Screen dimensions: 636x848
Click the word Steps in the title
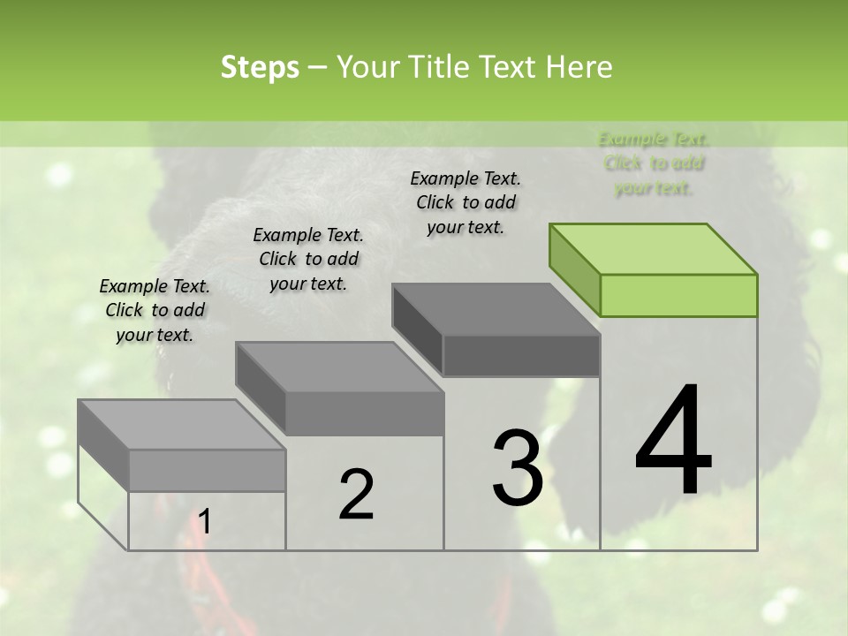tap(260, 67)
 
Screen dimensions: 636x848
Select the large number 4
tap(673, 442)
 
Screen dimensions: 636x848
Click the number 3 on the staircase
tap(518, 467)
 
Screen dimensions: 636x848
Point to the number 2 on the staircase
tap(356, 495)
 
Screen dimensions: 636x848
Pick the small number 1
tap(205, 522)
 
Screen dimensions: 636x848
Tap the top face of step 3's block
tap(495, 308)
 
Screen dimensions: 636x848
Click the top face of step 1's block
tap(181, 424)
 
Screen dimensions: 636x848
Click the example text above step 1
tap(155, 310)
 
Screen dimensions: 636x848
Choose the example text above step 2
tap(308, 259)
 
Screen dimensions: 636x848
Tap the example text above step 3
tap(466, 202)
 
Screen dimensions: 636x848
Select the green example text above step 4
tap(654, 163)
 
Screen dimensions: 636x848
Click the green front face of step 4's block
tap(678, 295)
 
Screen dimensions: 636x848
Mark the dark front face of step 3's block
tap(521, 355)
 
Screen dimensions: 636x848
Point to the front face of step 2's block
tap(364, 413)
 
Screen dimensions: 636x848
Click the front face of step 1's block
tap(207, 470)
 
